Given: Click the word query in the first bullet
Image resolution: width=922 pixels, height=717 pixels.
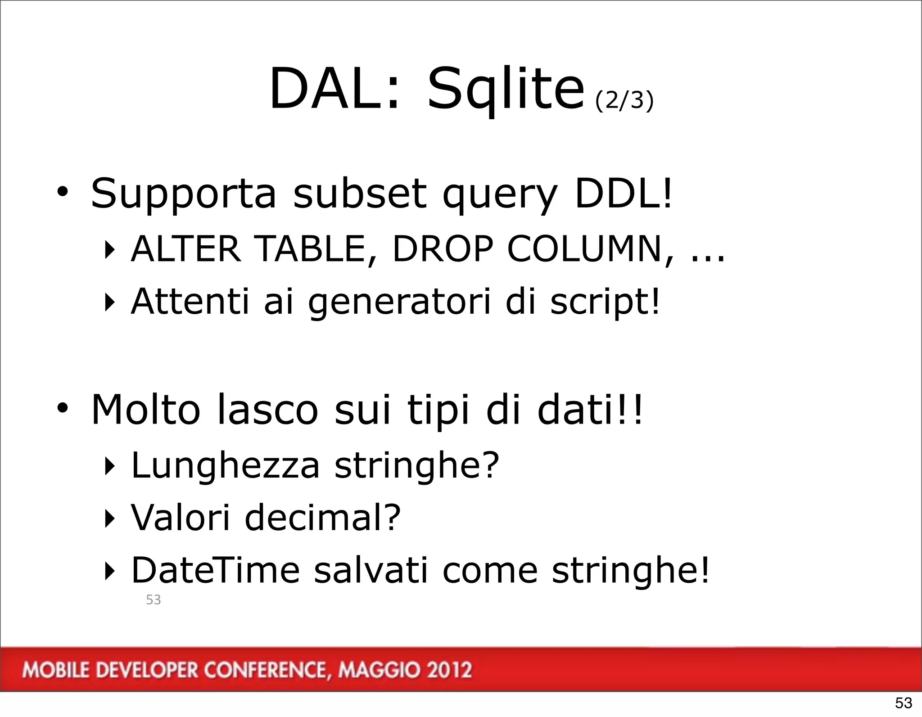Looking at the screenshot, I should point(500,194).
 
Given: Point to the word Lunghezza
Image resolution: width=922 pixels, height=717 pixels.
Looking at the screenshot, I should point(225,465).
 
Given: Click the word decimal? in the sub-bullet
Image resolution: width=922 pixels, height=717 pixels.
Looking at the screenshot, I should point(322,518).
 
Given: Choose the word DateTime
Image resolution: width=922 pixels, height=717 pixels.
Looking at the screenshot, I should point(215,570).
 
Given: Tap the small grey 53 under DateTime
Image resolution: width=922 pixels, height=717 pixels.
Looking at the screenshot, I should point(154,600).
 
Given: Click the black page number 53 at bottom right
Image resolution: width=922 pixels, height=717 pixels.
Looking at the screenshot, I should point(903,703).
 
